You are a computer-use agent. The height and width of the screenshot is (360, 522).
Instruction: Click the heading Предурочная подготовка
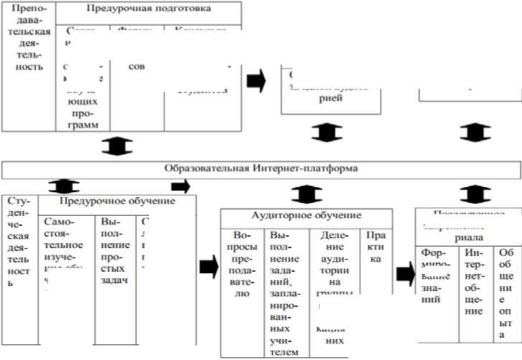coord(148,9)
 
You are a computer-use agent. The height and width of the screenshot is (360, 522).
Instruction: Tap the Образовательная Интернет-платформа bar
coord(261,169)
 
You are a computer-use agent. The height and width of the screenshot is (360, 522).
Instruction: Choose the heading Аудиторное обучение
coord(306,215)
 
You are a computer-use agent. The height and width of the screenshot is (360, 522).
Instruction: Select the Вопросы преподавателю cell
coord(242,264)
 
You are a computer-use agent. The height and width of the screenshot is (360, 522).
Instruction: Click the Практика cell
coord(375,247)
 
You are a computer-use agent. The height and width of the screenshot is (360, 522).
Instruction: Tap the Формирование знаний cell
coord(435,276)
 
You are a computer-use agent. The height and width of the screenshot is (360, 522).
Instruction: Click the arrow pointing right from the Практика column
coord(405,273)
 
